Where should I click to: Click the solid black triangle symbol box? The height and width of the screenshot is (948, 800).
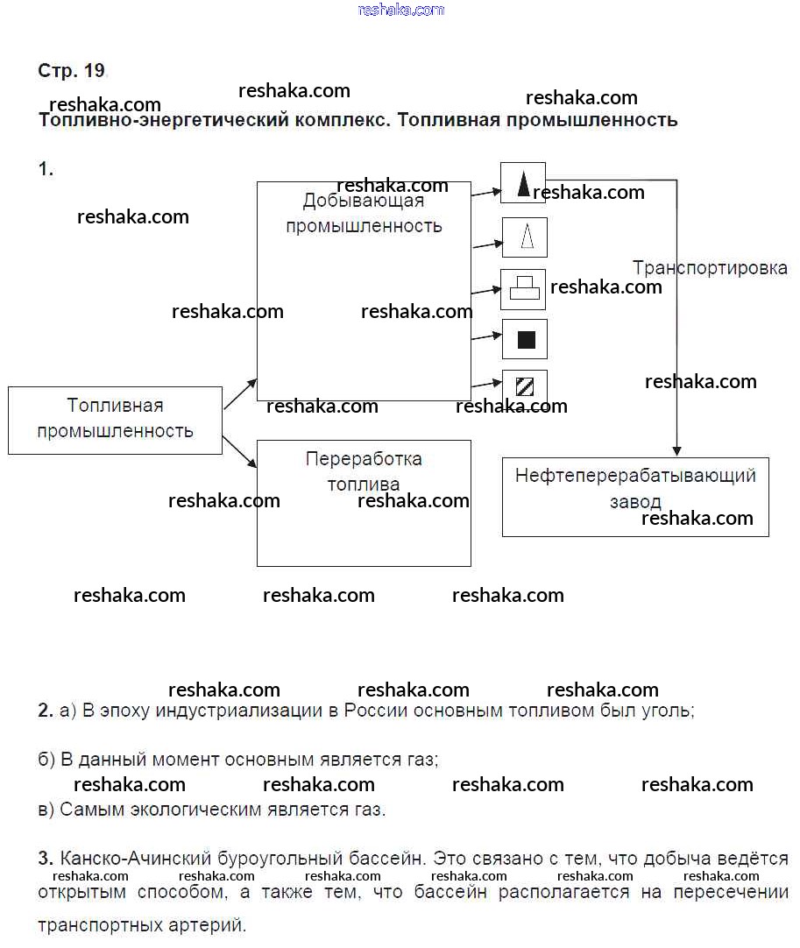[523, 183]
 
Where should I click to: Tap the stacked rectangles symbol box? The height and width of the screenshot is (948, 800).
[523, 289]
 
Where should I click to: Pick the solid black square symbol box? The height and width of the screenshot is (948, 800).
[525, 339]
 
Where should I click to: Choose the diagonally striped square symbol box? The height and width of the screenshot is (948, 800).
[525, 386]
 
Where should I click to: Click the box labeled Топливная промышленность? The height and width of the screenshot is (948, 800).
[115, 420]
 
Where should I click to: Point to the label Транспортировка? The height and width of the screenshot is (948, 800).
[710, 268]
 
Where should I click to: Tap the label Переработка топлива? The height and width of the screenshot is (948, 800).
[364, 471]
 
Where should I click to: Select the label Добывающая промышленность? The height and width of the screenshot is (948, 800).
[364, 213]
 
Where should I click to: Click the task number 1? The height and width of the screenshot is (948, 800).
[46, 169]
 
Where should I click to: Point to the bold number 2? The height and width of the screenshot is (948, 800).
[45, 711]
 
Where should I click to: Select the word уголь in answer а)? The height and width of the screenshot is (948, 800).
[669, 711]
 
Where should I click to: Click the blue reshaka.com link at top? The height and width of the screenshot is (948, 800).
[401, 10]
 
